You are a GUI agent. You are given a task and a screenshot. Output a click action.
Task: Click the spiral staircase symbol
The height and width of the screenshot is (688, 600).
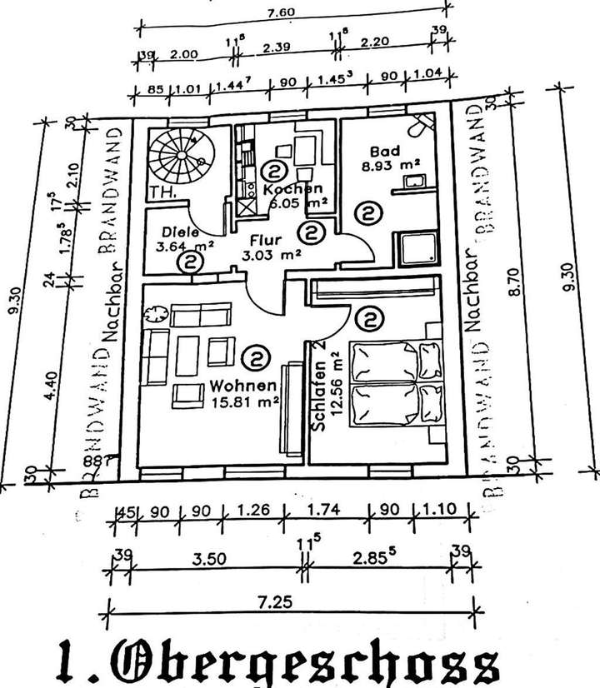pos(180,157)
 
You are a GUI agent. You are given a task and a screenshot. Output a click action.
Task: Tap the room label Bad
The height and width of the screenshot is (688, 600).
pos(385,152)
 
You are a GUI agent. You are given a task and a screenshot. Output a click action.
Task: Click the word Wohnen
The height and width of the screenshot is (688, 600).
pos(242,386)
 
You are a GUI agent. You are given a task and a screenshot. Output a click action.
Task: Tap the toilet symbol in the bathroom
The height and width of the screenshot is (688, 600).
pos(422,125)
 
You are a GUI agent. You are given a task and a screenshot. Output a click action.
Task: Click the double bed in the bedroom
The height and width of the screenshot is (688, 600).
pos(397,384)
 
